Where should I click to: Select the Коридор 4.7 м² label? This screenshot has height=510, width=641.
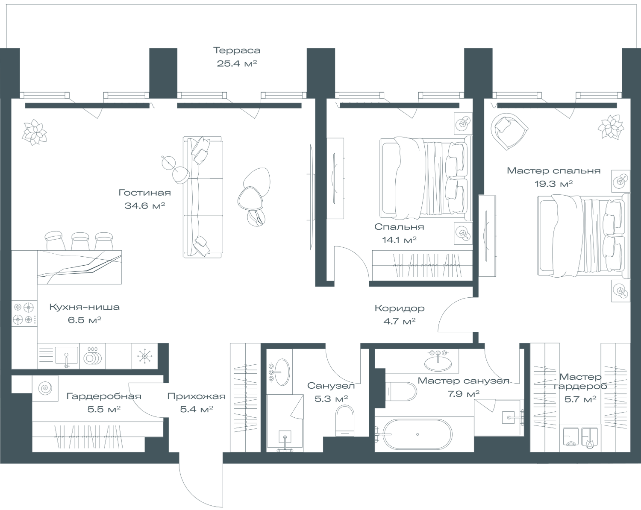coord(400,314)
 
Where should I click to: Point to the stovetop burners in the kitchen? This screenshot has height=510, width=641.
coord(23,313)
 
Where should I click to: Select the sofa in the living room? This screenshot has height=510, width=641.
coord(203,196)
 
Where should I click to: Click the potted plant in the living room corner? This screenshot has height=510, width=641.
coord(34,132)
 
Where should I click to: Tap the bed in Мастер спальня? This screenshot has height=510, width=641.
coord(581,235)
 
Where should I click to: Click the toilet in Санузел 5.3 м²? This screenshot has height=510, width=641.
coord(345,420)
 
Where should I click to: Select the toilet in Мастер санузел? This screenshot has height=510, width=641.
coord(400,391)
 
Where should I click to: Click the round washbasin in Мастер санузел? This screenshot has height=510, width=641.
coord(438,362)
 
